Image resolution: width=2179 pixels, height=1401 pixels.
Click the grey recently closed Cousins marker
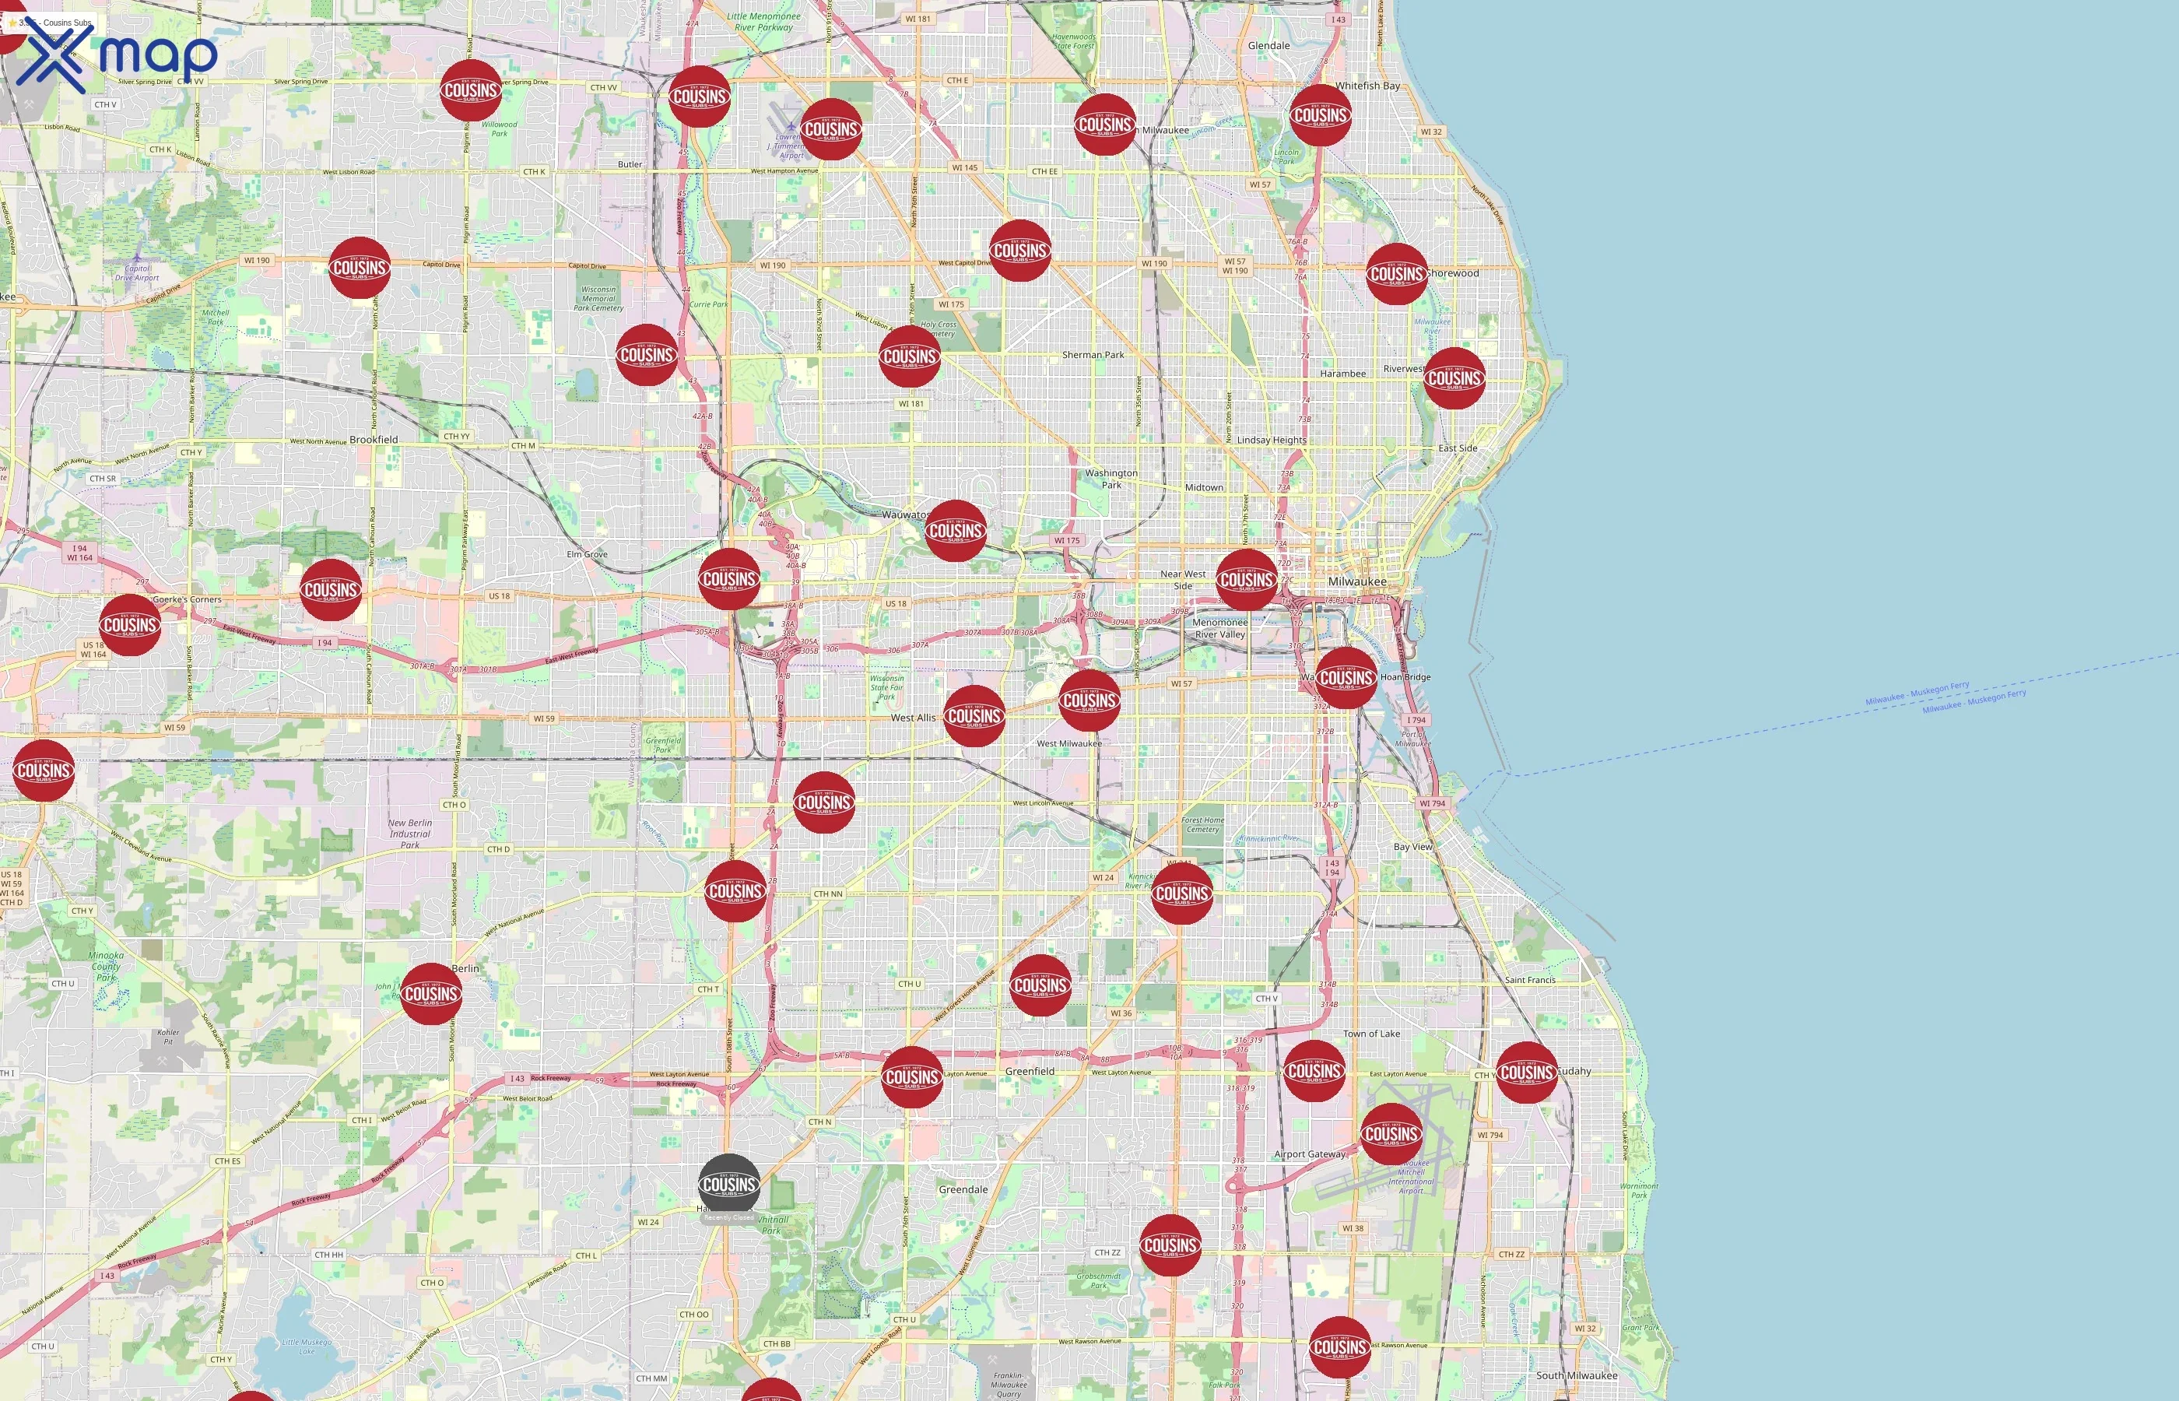coord(728,1185)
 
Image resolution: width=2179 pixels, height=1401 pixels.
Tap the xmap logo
coord(117,56)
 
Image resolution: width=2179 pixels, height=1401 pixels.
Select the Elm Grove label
coord(587,554)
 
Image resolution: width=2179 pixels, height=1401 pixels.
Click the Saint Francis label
coord(1530,980)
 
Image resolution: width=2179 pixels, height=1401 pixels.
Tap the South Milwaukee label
coord(1576,1375)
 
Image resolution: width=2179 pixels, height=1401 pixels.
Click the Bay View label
coord(1412,846)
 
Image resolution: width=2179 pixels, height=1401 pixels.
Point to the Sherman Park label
coord(1093,355)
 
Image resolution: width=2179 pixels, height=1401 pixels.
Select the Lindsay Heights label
coord(1271,441)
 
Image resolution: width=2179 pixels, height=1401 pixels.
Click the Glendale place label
coord(1268,45)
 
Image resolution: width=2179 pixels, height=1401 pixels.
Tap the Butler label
coord(630,165)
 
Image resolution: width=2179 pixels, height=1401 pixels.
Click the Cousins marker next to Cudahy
coord(1526,1073)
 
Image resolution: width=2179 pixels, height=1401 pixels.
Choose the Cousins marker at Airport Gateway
coord(1391,1133)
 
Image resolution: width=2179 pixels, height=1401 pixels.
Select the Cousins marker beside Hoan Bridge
coord(1345,678)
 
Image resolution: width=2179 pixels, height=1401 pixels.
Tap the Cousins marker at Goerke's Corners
coord(130,625)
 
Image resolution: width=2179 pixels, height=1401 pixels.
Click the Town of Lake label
coord(1371,1034)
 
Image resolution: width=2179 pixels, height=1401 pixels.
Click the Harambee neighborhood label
coord(1342,374)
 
